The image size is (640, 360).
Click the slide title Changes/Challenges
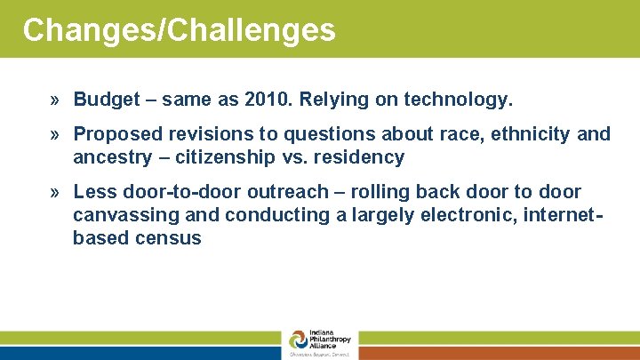coord(179,30)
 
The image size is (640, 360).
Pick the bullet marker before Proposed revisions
coord(56,134)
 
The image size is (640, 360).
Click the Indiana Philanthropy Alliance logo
coord(319,343)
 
